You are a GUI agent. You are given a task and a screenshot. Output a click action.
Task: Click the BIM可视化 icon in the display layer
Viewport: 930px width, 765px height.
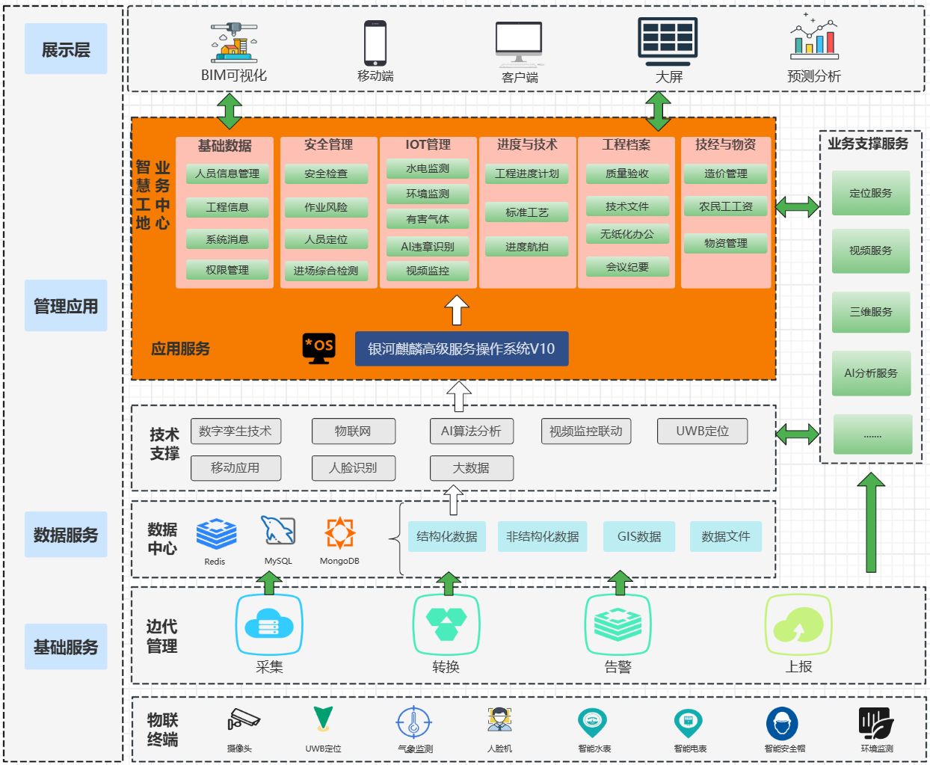coord(234,43)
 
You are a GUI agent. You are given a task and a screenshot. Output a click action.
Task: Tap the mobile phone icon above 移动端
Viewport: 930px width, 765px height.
coord(375,43)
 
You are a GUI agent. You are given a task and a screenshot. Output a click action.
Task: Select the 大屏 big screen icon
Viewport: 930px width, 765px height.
coord(668,42)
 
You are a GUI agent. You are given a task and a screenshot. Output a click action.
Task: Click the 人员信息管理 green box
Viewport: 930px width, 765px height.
coord(227,173)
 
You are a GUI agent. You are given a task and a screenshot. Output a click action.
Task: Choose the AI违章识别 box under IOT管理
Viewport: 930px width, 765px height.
coord(428,246)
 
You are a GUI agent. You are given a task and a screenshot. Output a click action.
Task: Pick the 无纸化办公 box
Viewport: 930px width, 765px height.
coord(627,234)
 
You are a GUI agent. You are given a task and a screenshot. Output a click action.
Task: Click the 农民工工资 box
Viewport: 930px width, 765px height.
coord(726,206)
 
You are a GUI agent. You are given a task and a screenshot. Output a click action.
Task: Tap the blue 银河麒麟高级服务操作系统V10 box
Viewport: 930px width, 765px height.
coord(461,348)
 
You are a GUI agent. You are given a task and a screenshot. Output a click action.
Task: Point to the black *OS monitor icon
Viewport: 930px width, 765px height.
coord(319,348)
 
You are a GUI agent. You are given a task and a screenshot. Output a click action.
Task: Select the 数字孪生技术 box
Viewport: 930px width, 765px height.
coord(235,431)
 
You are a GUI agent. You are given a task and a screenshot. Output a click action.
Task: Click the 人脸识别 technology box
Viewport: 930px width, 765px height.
coord(353,467)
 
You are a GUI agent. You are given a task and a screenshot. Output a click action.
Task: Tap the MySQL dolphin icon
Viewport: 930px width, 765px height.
coord(277,532)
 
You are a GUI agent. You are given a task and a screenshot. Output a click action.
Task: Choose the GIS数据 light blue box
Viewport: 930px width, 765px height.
coord(639,536)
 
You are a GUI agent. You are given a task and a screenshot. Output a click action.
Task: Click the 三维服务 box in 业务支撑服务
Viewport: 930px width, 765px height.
coord(871,312)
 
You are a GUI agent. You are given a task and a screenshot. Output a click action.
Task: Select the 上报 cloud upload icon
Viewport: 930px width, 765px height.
coord(798,625)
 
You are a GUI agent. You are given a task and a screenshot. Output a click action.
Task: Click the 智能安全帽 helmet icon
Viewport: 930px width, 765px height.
coord(782,723)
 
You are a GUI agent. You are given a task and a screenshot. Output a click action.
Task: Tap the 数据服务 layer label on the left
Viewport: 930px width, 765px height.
coord(66,535)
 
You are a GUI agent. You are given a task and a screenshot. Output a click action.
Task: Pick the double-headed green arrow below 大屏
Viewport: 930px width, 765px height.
coord(658,111)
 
